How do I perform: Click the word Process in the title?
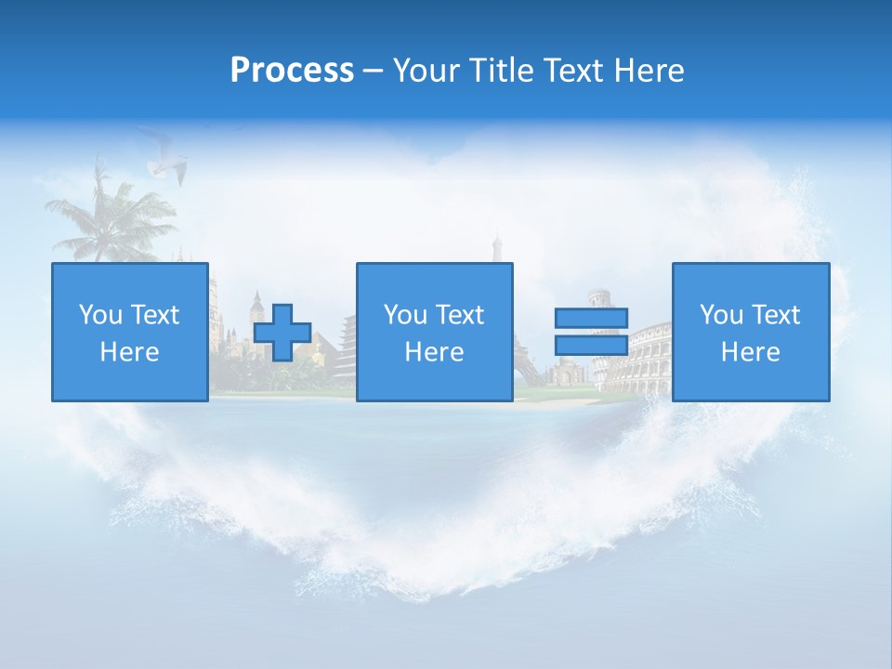(x=292, y=71)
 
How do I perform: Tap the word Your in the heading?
(x=427, y=71)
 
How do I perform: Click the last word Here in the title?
(x=649, y=71)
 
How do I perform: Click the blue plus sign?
(x=282, y=333)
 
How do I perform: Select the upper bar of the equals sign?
(x=591, y=319)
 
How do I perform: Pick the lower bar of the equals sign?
(x=591, y=346)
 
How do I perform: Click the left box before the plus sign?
(x=129, y=332)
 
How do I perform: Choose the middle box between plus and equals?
(x=434, y=332)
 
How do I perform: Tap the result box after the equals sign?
(x=750, y=332)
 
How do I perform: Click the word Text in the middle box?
(x=461, y=315)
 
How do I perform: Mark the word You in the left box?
(x=100, y=315)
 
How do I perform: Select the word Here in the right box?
(x=750, y=352)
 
